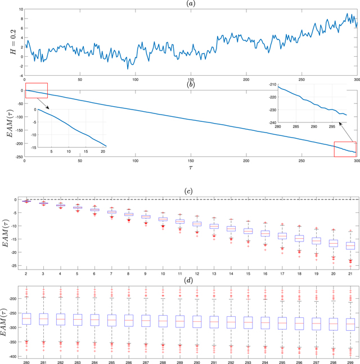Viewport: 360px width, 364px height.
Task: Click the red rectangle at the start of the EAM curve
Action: pyautogui.click(x=36, y=90)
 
